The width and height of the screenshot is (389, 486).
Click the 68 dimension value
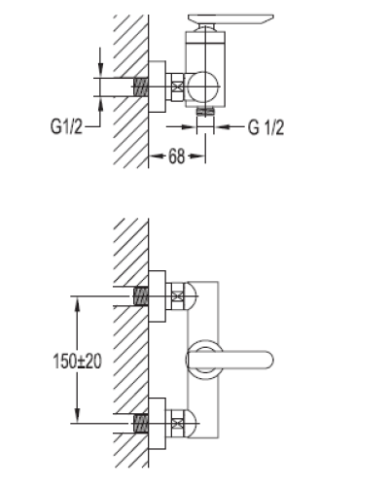point(177,156)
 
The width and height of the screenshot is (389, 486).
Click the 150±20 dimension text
point(77,361)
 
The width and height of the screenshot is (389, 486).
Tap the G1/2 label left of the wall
point(66,126)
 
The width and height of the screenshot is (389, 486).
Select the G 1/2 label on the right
point(266,127)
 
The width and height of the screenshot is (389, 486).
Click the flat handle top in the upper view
point(231,18)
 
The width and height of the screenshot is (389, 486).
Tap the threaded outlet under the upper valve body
point(205,112)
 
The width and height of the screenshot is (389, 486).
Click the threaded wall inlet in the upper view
point(141,87)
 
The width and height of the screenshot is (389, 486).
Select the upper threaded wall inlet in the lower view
point(141,296)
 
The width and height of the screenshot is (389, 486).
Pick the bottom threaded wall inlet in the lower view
point(141,423)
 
